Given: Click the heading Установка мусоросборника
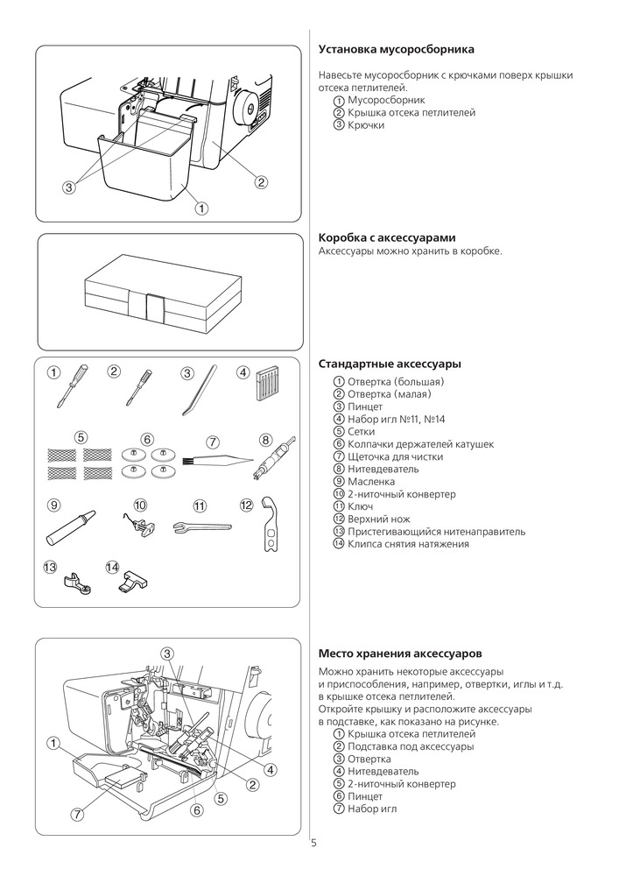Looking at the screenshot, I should coord(397,49).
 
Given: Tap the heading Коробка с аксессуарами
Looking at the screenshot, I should coord(386,238).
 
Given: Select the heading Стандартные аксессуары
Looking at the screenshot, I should coord(390,364).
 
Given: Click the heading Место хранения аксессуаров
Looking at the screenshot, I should coord(399,653).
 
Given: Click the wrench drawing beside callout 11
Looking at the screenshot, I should coord(201,526).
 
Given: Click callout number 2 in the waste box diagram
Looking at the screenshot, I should coord(260,182).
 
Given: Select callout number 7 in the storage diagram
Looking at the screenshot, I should coord(77,814).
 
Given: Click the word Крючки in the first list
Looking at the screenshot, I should coord(365,125).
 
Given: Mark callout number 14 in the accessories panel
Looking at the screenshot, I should coord(112,568).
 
